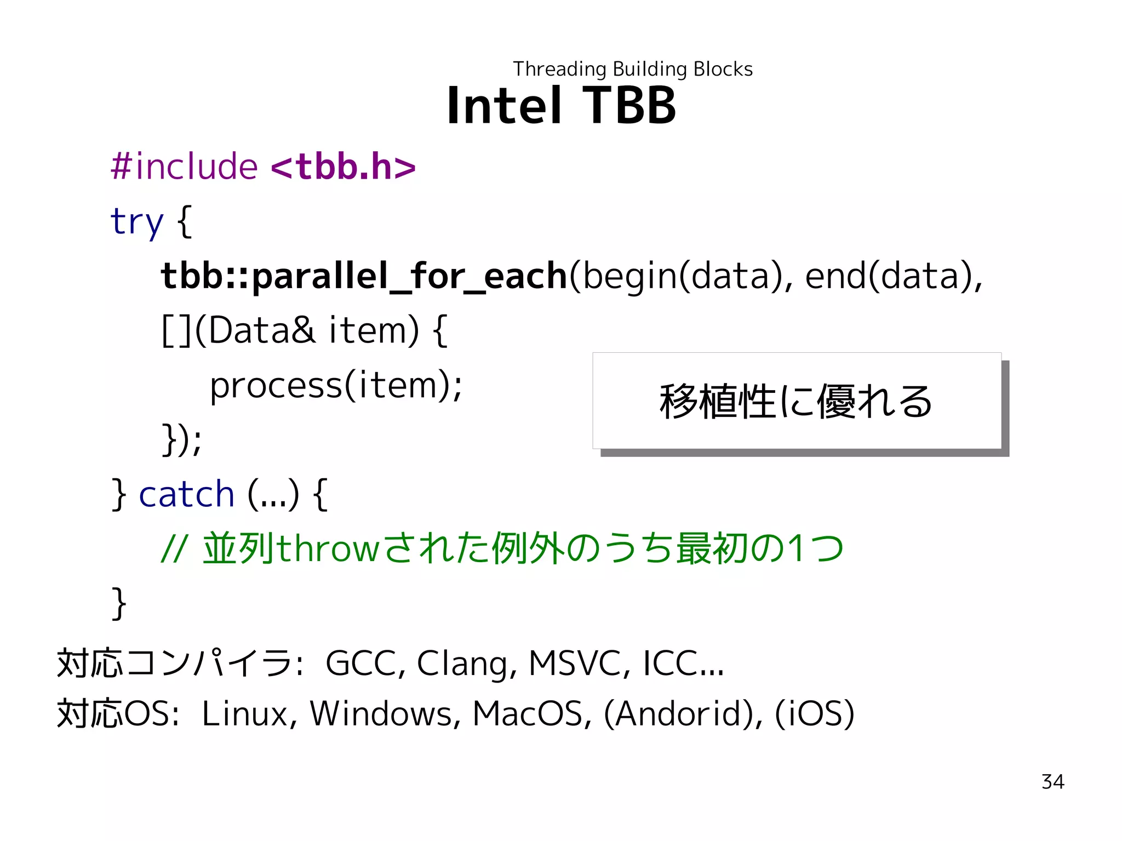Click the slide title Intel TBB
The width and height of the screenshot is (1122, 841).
[x=562, y=105]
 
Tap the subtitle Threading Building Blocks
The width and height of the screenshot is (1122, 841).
[x=633, y=69]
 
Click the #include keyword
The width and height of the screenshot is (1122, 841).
[x=184, y=166]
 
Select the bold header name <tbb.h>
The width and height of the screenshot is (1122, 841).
[x=344, y=166]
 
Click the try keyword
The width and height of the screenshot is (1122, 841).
[x=137, y=221]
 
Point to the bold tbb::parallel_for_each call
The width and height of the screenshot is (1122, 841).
[x=364, y=276]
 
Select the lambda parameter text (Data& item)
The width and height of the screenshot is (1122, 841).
[x=307, y=330]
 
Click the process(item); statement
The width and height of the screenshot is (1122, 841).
[x=336, y=385]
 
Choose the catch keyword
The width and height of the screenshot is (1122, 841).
[x=186, y=494]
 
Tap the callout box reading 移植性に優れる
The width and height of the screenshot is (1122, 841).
[x=797, y=401]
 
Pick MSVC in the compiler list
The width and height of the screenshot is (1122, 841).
[x=579, y=663]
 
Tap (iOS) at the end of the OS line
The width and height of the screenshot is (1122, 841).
[x=815, y=713]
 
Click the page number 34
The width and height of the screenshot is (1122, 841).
[x=1052, y=782]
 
